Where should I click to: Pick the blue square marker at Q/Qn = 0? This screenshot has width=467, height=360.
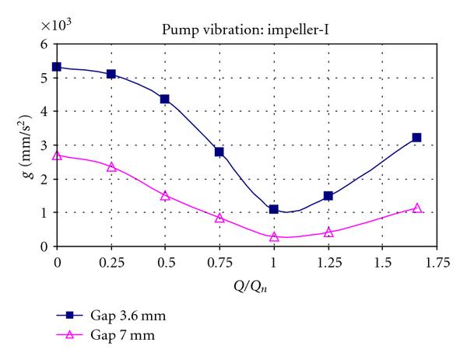click(57, 67)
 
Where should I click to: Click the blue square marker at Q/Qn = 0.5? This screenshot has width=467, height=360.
click(165, 100)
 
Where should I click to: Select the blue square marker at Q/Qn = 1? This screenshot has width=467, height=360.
click(274, 209)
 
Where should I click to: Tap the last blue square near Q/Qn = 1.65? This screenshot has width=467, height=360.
click(416, 138)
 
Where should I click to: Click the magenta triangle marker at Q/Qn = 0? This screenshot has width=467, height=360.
click(57, 156)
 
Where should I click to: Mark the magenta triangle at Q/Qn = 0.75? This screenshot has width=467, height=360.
click(219, 218)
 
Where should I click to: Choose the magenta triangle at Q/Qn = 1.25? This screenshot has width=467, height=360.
click(328, 232)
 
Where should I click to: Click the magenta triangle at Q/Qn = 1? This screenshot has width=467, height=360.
click(274, 236)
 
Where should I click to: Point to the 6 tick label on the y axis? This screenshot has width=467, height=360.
click(44, 44)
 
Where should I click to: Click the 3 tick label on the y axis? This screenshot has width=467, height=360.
click(44, 145)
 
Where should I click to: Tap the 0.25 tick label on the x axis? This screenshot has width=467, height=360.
click(111, 262)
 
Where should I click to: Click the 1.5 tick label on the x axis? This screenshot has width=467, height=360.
click(383, 262)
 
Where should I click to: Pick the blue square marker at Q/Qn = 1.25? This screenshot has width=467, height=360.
click(328, 196)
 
